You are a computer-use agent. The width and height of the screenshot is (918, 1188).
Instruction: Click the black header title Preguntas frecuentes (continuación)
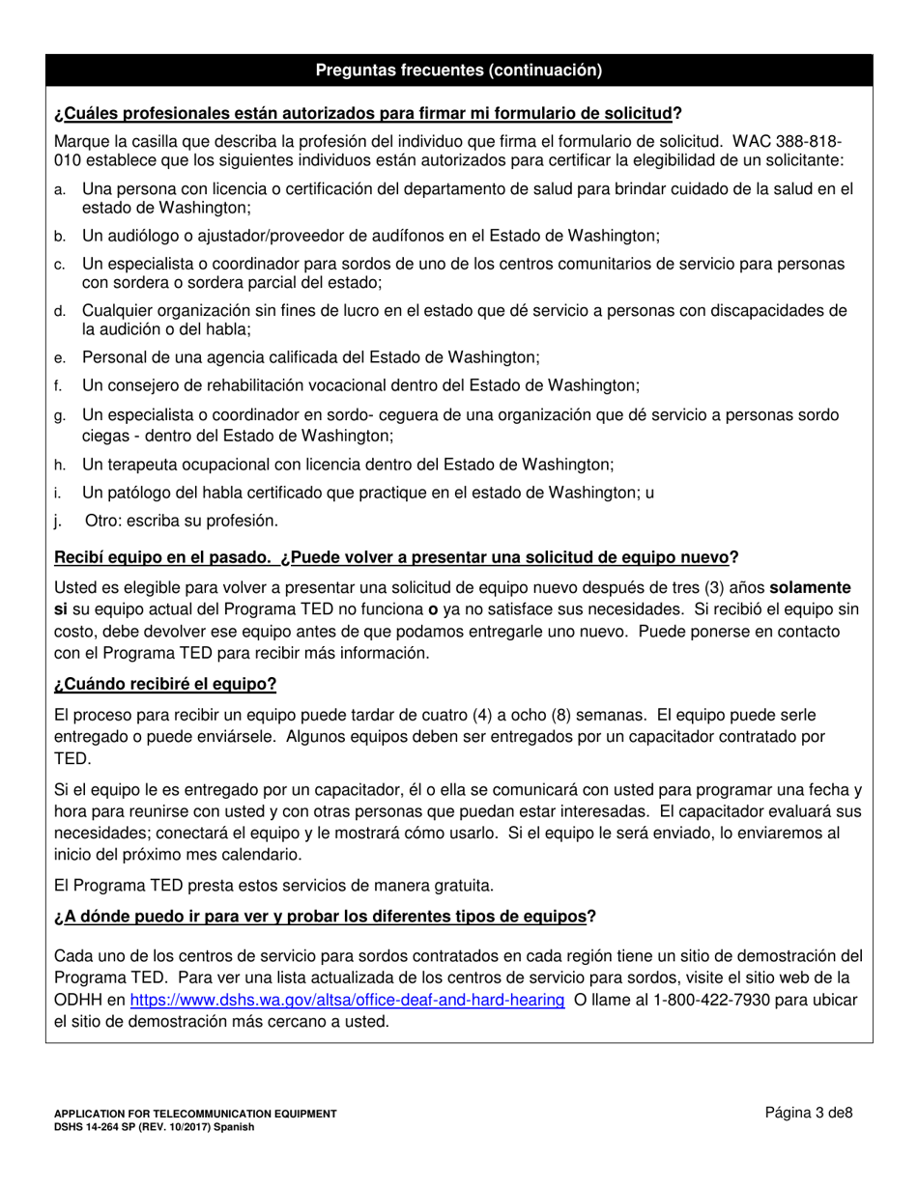(x=459, y=70)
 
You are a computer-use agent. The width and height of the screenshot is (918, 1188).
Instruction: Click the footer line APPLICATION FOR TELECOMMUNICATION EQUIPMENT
(x=195, y=1114)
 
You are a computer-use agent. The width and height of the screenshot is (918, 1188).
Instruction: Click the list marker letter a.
(x=59, y=190)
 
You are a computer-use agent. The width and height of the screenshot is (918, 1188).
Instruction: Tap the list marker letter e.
(x=59, y=357)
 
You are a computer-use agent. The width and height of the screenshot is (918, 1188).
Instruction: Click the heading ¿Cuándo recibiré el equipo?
(x=165, y=685)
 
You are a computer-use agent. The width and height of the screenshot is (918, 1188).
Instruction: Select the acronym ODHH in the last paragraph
(x=78, y=1000)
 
